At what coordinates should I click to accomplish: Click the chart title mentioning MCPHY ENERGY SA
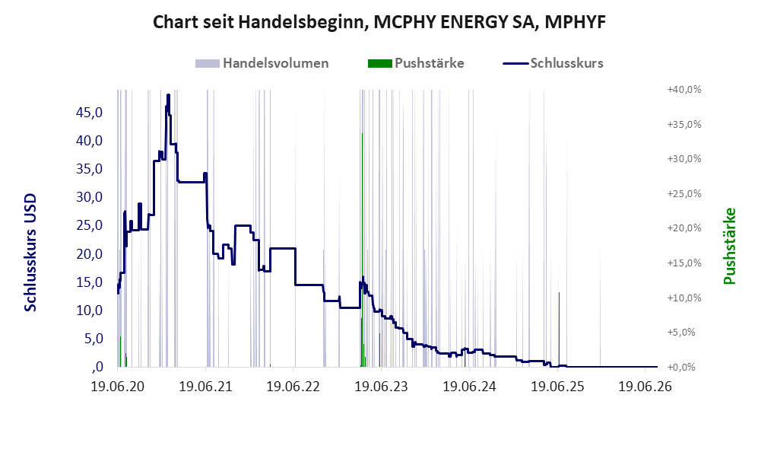click(x=379, y=22)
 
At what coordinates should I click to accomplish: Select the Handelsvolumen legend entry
click(x=262, y=63)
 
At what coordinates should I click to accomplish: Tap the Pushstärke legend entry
click(x=416, y=63)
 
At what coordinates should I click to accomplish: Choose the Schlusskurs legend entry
click(x=553, y=63)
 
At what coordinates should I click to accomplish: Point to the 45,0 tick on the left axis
click(x=90, y=113)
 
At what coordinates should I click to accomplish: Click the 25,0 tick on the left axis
click(x=90, y=225)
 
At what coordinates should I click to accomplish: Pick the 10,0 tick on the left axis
click(x=90, y=310)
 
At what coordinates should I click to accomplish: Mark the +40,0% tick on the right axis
click(x=684, y=90)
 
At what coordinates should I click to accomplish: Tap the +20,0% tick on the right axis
click(x=684, y=228)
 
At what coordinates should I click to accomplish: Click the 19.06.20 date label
click(x=118, y=387)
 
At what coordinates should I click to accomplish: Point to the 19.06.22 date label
click(x=293, y=387)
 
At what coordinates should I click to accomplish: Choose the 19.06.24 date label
click(x=469, y=387)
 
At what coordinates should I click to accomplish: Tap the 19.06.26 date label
click(x=645, y=387)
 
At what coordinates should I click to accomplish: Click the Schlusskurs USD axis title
click(x=30, y=253)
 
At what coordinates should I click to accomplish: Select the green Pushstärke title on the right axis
click(x=729, y=246)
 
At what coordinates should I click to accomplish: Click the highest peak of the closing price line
click(x=168, y=95)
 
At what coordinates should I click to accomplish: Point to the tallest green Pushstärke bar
click(x=362, y=250)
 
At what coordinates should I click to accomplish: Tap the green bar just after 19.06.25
click(x=560, y=330)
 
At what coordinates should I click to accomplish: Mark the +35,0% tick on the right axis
click(x=684, y=124)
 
